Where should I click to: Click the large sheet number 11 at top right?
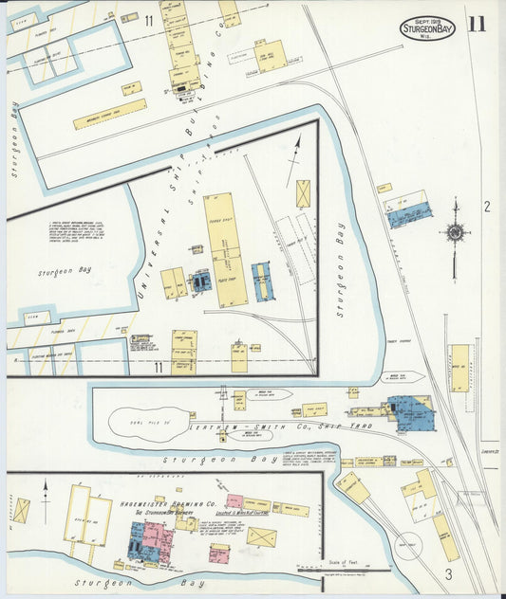pos(476,24)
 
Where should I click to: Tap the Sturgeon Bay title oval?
pos(427,27)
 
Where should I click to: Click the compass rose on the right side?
pos(455,232)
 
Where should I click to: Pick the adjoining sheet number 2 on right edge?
pos(486,207)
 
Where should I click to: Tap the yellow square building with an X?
pos(304,193)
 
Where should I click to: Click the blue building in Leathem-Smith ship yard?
pos(414,414)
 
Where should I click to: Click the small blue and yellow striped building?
pos(263,281)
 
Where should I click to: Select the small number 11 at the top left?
pos(149,20)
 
